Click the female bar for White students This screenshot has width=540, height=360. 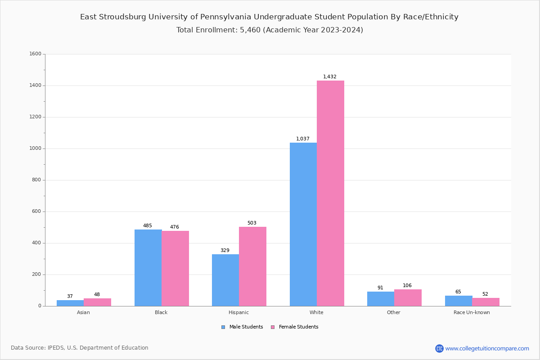tap(330, 193)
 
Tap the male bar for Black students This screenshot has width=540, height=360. tap(148, 268)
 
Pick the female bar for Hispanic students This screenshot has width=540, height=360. tap(252, 266)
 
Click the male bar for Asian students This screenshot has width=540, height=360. tap(70, 303)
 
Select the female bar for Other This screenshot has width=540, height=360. tap(408, 297)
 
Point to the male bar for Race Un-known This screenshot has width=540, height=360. tap(459, 301)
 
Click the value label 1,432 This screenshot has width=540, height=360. tap(329, 77)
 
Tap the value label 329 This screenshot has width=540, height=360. tap(225, 251)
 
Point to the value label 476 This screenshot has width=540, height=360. tap(175, 227)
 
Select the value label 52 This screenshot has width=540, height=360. tap(485, 294)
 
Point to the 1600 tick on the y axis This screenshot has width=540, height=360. tap(35, 54)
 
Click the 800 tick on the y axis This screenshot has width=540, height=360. tap(36, 180)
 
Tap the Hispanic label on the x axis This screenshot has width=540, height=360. tap(238, 312)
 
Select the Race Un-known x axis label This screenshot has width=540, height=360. tap(472, 312)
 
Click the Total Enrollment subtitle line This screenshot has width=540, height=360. tap(270, 30)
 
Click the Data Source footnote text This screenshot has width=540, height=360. tap(80, 348)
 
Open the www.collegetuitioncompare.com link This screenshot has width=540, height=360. tap(487, 348)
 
